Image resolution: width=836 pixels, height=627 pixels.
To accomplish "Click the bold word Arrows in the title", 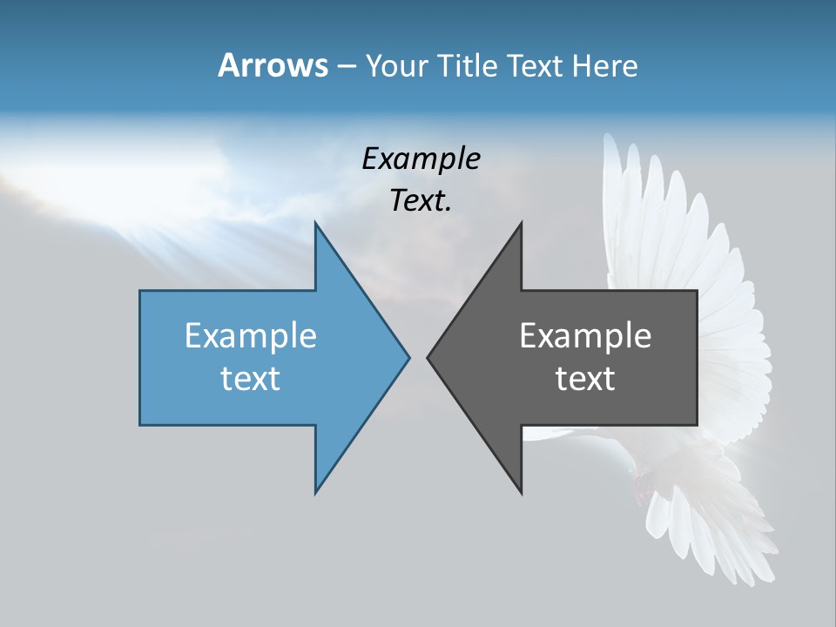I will point(273,65).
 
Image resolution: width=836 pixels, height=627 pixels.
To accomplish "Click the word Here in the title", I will point(604,66).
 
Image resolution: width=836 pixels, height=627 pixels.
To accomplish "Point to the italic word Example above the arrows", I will point(421,158).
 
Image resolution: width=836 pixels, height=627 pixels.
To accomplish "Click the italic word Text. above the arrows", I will point(421,200).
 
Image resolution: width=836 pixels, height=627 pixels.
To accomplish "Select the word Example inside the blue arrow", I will point(251,335).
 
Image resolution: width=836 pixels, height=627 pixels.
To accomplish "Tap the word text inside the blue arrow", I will point(251,379).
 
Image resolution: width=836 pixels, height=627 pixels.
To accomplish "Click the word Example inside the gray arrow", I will point(585,335).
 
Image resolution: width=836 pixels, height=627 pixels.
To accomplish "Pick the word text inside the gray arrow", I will point(585,379).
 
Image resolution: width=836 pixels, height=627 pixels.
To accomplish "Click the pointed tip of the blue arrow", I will point(408,357).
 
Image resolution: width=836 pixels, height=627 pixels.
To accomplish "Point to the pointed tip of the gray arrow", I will point(428,357).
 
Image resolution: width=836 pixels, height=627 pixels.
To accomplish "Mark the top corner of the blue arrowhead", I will point(316,224).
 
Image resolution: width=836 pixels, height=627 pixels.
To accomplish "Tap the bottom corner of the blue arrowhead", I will point(316,492).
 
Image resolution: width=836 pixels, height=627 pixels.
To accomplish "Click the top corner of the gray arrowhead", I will point(521,224).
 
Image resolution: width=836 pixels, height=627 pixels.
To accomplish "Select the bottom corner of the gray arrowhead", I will point(521,492).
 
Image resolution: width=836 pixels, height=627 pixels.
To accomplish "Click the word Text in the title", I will point(537,66).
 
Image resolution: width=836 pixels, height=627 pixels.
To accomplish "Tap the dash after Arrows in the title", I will point(346,67).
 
